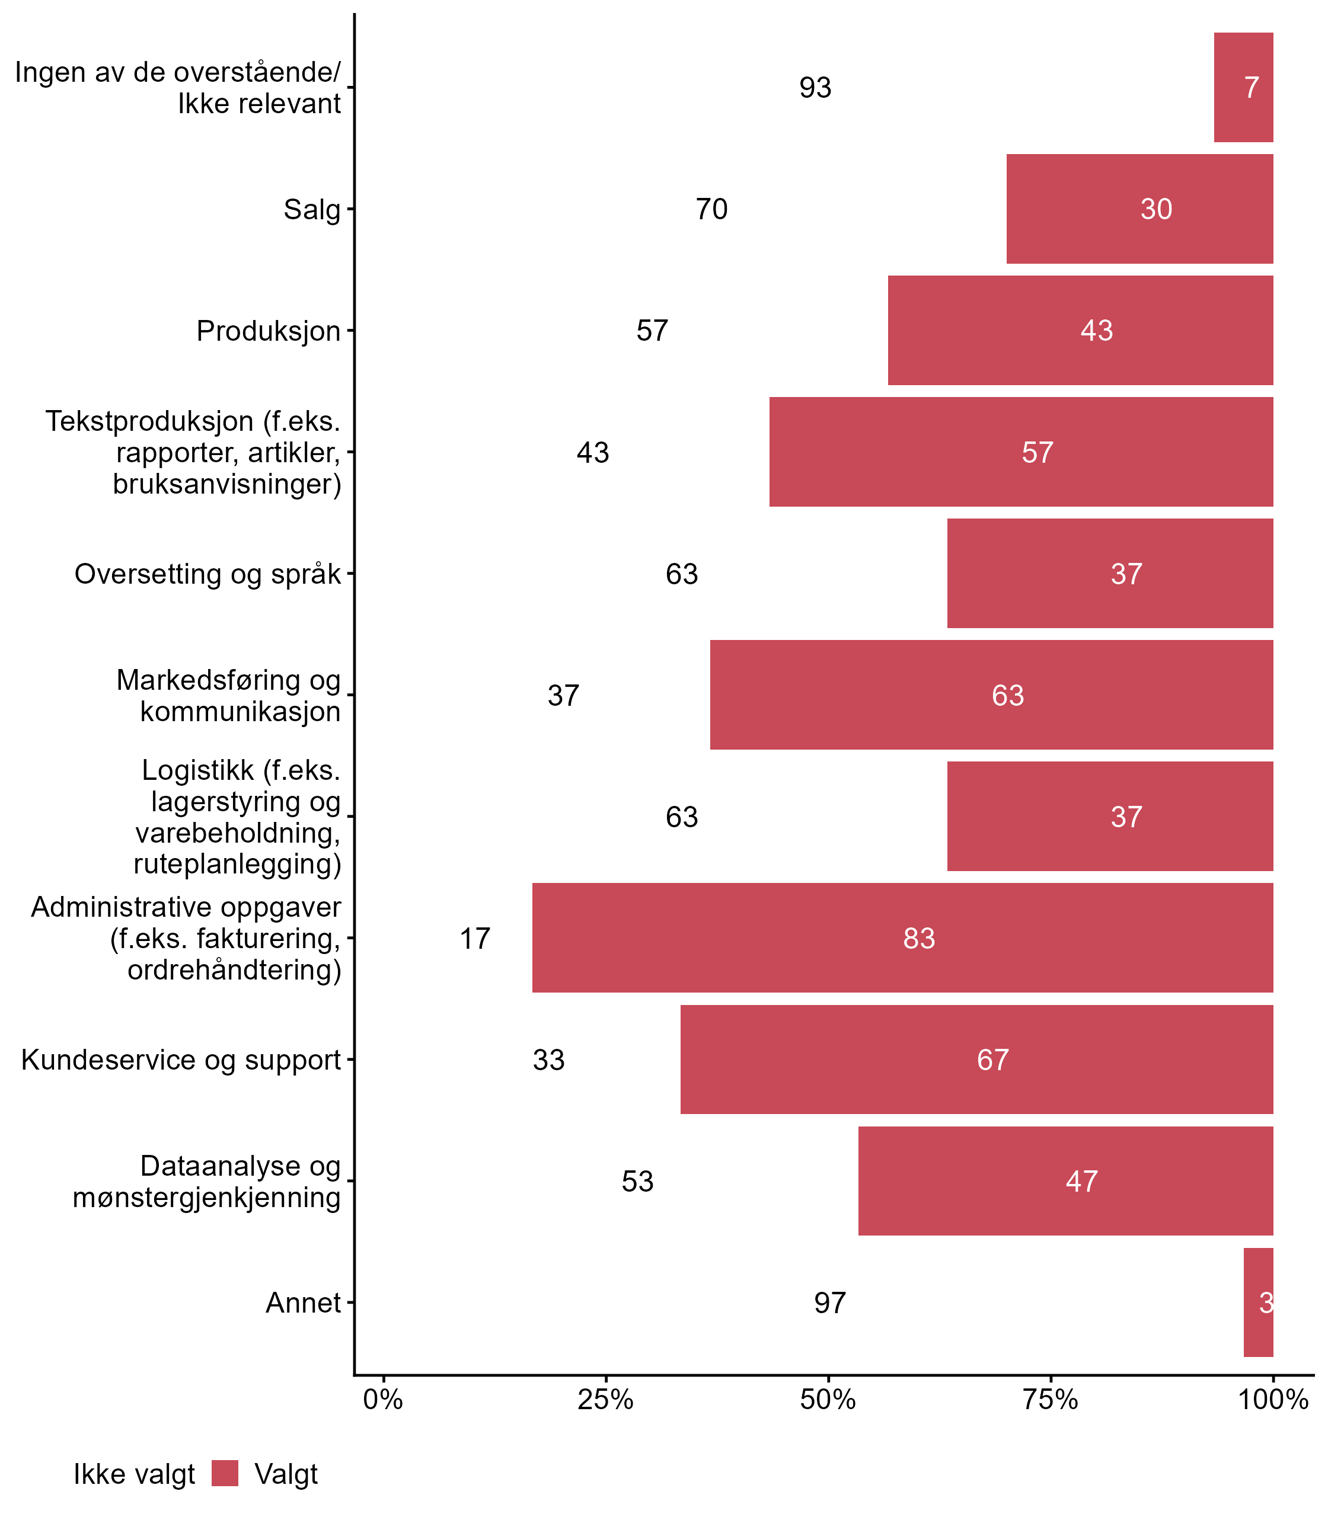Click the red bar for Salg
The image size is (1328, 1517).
1074,209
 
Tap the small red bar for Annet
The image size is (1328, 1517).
1257,1302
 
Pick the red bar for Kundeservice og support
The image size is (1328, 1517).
889,1060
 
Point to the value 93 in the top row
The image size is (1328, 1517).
815,88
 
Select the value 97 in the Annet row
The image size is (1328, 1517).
830,1303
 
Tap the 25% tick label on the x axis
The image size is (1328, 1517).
605,1399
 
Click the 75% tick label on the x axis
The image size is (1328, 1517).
1050,1399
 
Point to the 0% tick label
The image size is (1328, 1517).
383,1399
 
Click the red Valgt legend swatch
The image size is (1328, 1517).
225,1473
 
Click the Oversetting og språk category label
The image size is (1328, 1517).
207,574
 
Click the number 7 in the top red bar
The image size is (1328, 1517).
1252,88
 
